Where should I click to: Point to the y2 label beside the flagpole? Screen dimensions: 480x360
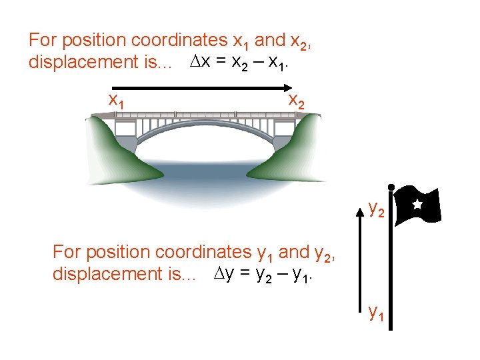pyautogui.click(x=376, y=210)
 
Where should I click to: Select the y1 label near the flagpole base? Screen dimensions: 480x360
pyautogui.click(x=376, y=312)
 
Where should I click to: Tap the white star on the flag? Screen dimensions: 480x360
pyautogui.click(x=417, y=204)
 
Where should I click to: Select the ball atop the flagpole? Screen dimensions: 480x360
pyautogui.click(x=391, y=188)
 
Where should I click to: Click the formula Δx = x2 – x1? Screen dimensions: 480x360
pyautogui.click(x=243, y=63)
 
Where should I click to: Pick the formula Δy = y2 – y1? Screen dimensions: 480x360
pyautogui.click(x=267, y=274)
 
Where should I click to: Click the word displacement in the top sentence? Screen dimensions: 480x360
pyautogui.click(x=83, y=63)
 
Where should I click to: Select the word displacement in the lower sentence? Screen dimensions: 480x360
pyautogui.click(x=107, y=274)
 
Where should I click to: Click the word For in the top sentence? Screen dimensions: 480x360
pyautogui.click(x=41, y=40)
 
